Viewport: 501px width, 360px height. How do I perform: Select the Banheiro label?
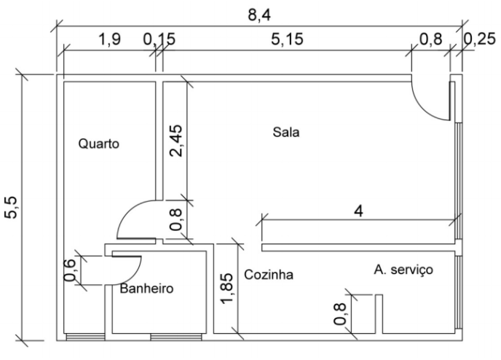146,289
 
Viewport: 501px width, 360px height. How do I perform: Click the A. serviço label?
403,270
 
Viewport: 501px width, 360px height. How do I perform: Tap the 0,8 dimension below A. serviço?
339,312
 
